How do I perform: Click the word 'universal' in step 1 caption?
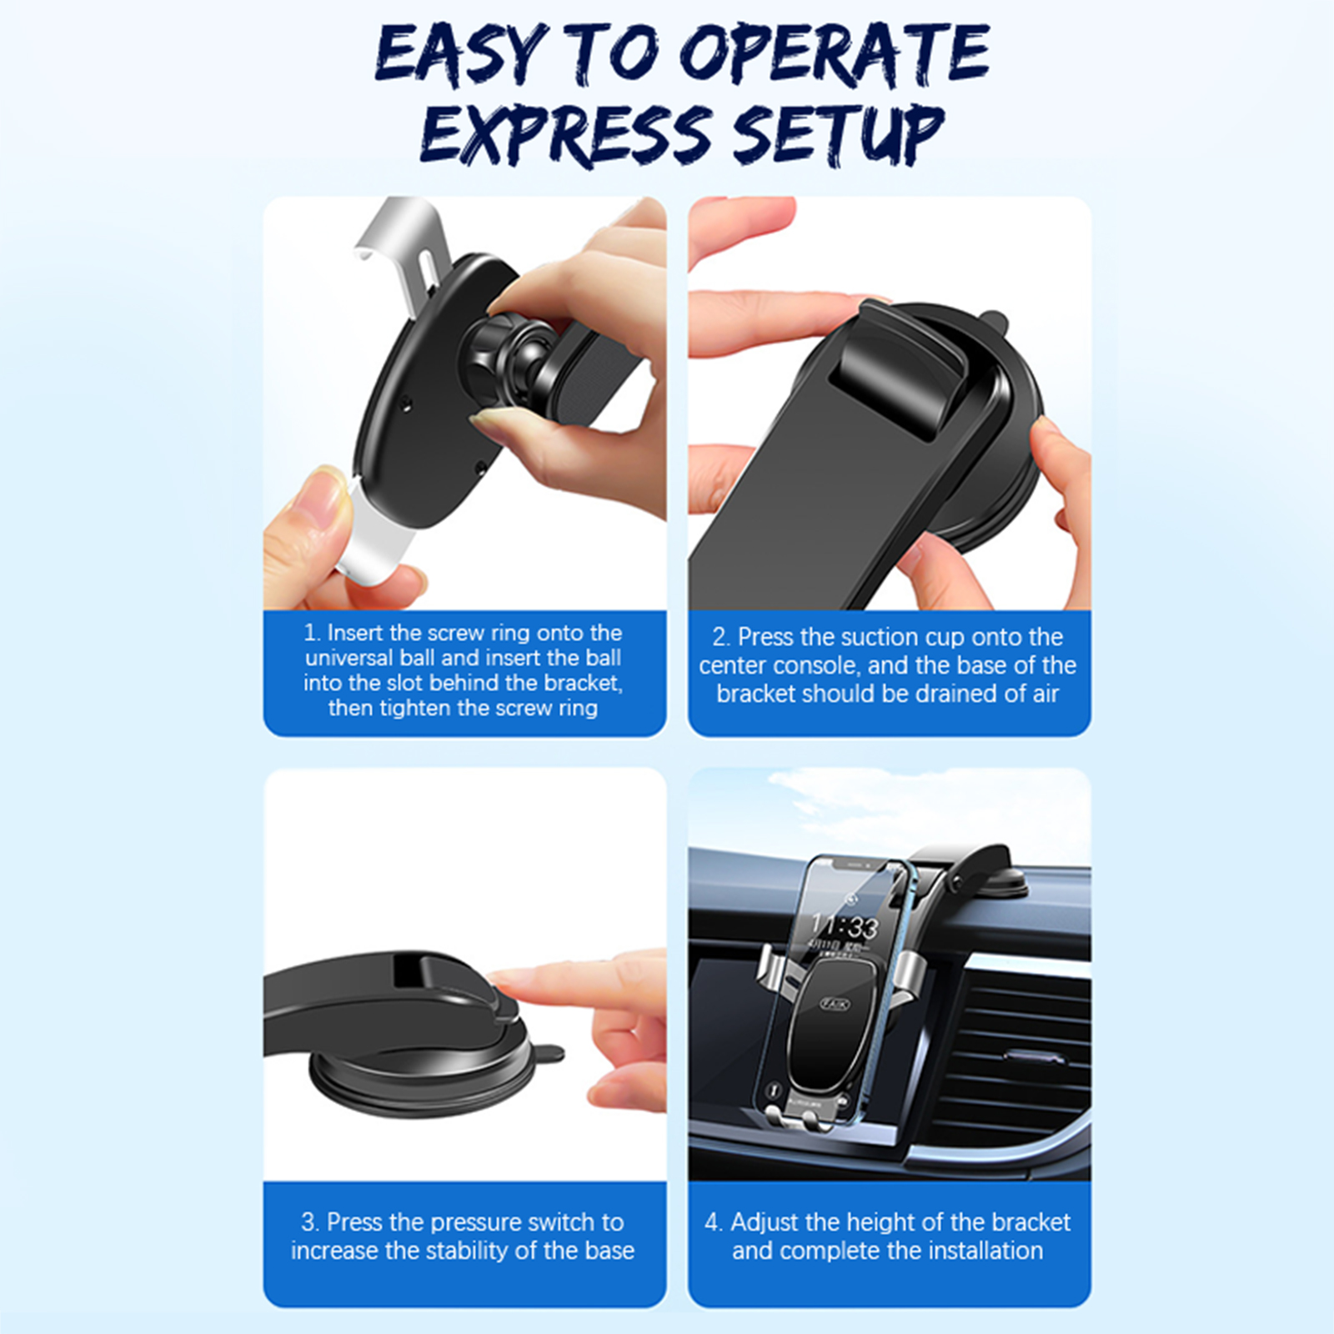pyautogui.click(x=349, y=658)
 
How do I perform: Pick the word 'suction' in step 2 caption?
pyautogui.click(x=875, y=637)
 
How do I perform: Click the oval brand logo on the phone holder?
pyautogui.click(x=835, y=1004)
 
